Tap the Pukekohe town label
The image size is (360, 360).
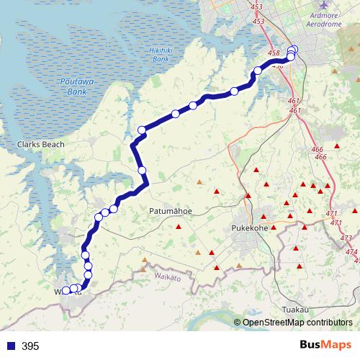click(251, 229)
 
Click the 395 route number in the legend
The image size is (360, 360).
click(30, 346)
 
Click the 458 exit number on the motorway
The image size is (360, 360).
click(273, 53)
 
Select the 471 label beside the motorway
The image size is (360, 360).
click(332, 214)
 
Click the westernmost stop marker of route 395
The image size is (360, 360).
click(66, 291)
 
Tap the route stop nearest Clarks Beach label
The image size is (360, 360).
click(142, 130)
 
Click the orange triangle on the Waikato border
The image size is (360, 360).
click(145, 261)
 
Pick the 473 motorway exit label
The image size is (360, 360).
click(346, 238)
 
